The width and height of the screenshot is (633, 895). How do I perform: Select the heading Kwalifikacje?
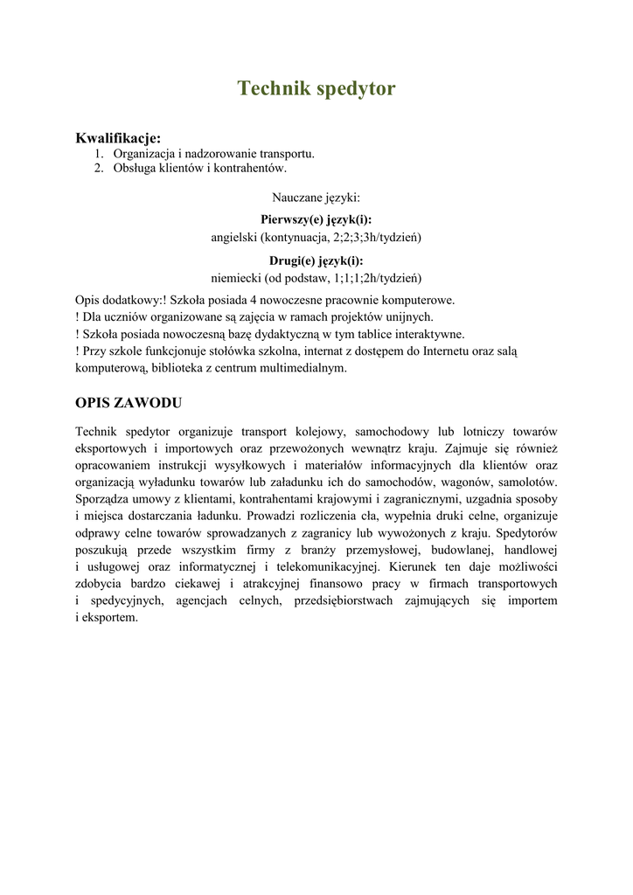point(118,138)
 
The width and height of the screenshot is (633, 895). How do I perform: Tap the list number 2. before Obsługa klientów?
point(100,168)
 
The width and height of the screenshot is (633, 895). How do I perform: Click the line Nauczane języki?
point(316,198)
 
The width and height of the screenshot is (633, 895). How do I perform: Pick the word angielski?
point(233,237)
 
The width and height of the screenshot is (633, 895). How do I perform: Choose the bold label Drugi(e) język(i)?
point(316,260)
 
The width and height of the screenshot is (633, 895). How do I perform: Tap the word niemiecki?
point(235,278)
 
